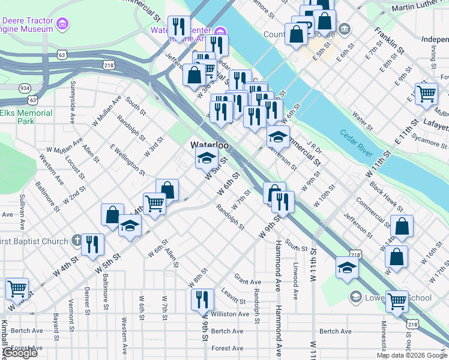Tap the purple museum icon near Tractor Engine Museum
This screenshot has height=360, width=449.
tap(62, 25)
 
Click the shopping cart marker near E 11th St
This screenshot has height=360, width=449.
tap(426, 93)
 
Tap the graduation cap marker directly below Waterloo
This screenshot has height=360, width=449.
tap(206, 158)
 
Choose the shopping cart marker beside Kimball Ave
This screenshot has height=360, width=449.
tap(17, 288)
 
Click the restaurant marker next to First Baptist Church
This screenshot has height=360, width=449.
tap(92, 243)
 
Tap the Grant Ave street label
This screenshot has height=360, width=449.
tap(247, 281)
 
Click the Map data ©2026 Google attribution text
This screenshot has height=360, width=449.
tap(412, 355)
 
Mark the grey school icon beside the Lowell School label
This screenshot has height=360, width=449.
tap(355, 298)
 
